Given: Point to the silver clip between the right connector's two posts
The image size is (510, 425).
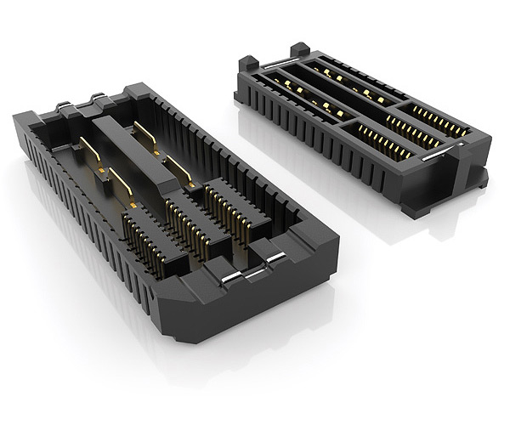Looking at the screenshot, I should pyautogui.click(x=271, y=62).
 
